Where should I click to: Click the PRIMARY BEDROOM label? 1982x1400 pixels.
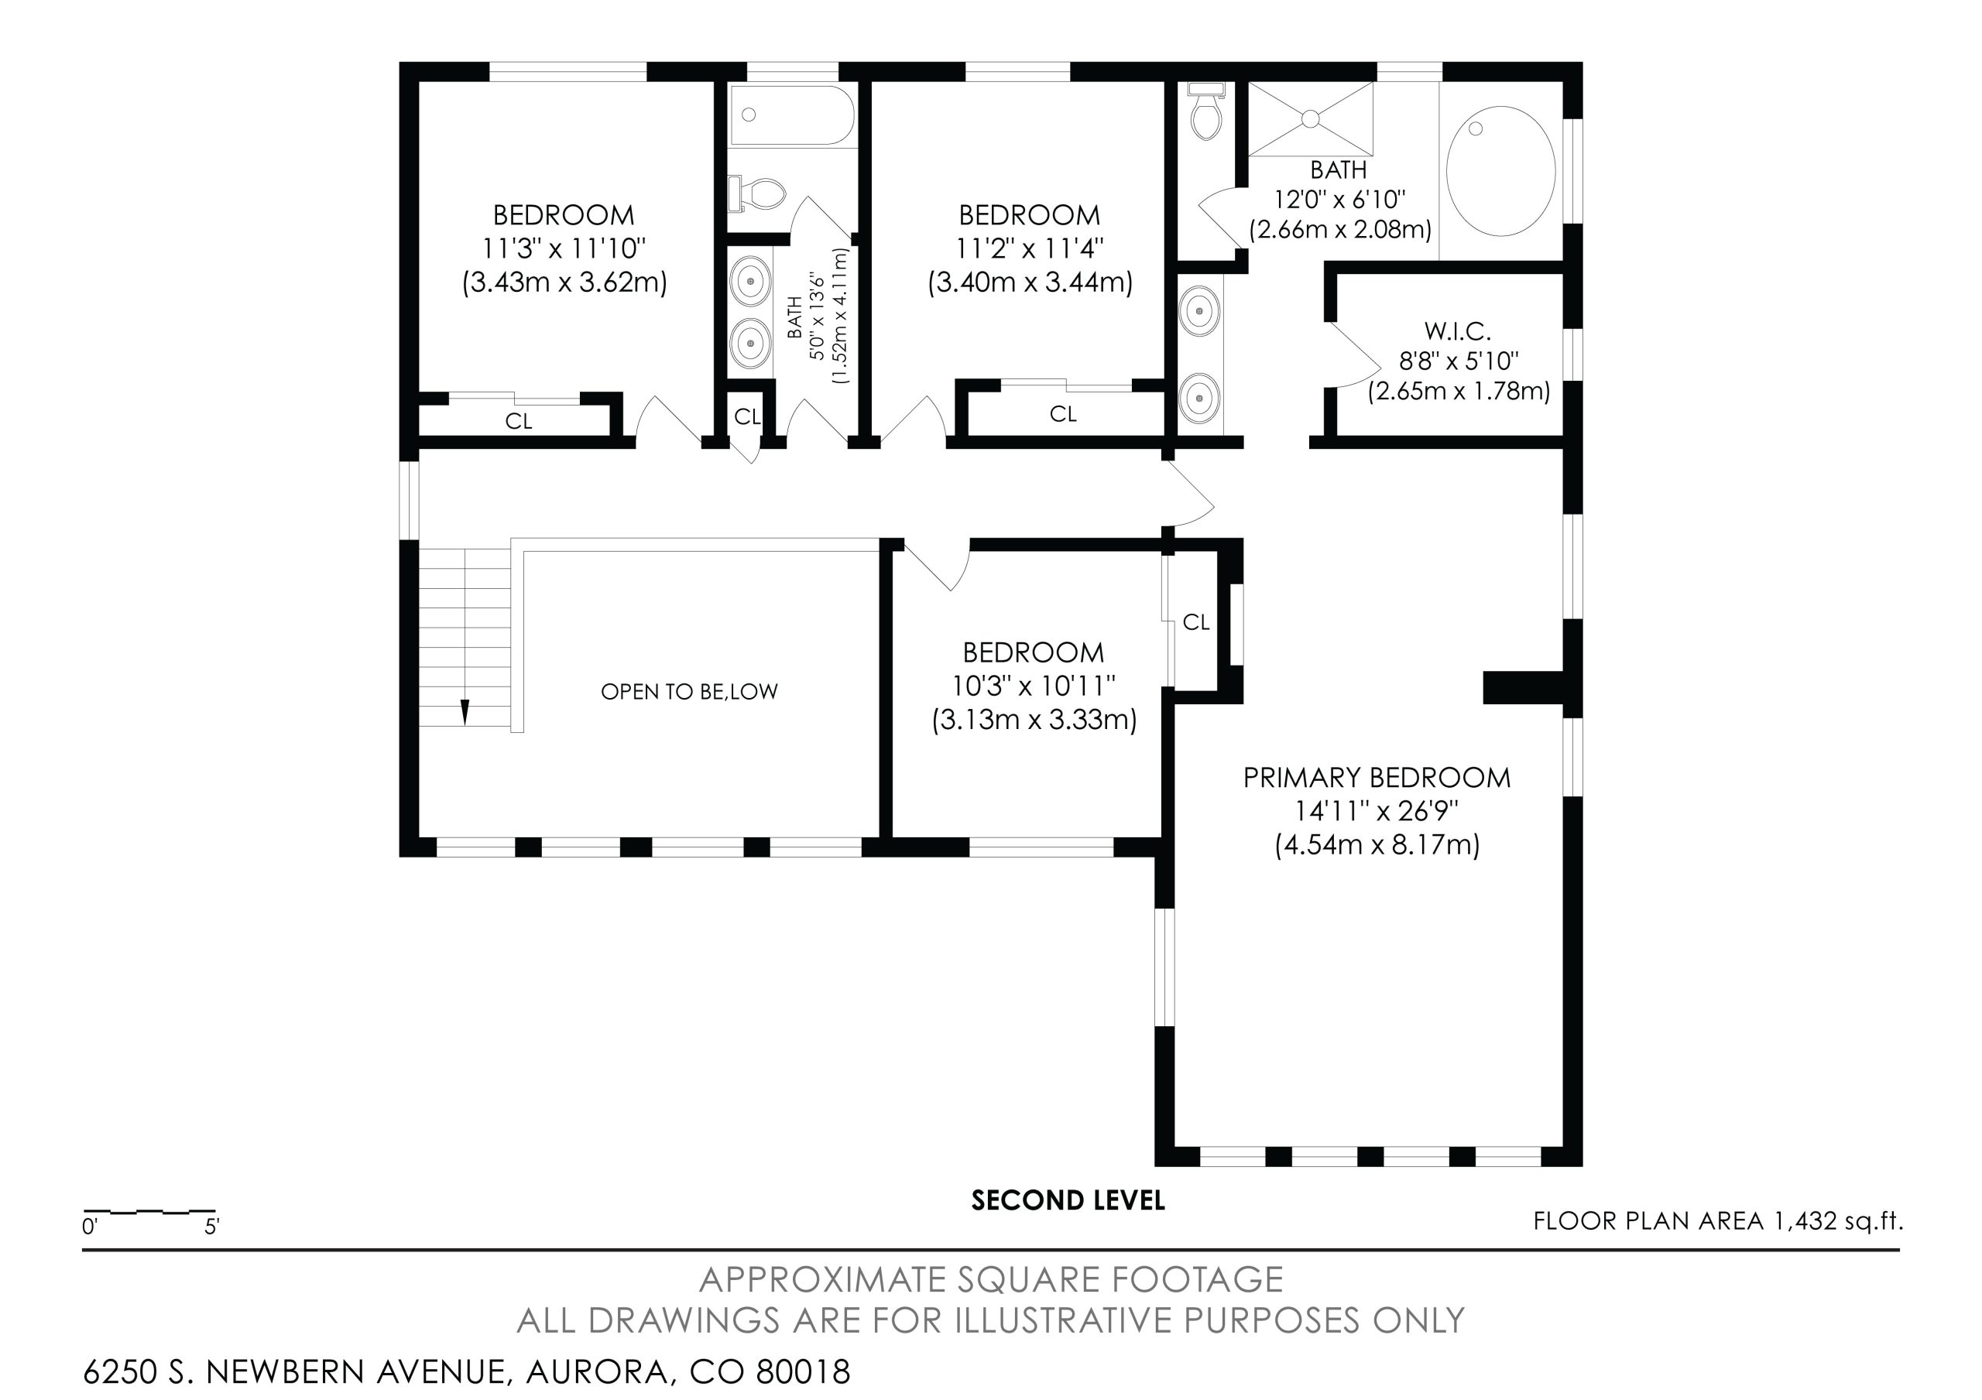[1377, 778]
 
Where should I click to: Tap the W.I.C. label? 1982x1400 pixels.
[1458, 330]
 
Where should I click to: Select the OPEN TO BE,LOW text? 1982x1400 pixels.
[689, 691]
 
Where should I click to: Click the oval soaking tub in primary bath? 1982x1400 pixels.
[1500, 170]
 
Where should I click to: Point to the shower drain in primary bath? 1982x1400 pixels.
[1311, 118]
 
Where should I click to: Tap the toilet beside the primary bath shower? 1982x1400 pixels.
[1206, 111]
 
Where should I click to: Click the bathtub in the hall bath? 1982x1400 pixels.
[793, 115]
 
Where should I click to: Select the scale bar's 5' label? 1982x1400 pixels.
[211, 1227]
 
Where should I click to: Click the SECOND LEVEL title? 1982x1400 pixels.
[1068, 1200]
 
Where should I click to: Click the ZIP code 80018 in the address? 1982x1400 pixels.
[803, 1371]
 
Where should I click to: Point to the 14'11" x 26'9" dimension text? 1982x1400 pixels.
[1377, 811]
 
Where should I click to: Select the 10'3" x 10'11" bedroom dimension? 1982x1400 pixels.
[1034, 686]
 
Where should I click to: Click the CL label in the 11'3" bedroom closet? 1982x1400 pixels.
[518, 421]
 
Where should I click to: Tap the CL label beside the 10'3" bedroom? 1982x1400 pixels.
[1195, 622]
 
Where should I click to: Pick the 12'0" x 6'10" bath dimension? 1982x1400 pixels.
[1339, 200]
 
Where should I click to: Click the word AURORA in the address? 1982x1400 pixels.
[596, 1372]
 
